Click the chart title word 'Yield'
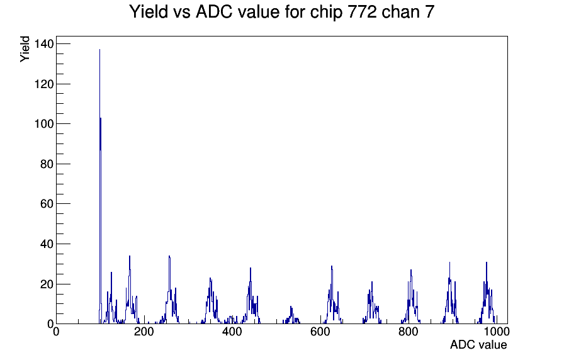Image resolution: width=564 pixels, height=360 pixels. click(x=149, y=12)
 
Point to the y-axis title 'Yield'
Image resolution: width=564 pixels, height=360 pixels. click(x=25, y=49)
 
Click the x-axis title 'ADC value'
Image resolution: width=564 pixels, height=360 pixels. click(x=478, y=344)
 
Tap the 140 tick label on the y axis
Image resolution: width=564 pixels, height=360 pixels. click(x=43, y=44)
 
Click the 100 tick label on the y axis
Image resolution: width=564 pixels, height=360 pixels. click(x=43, y=124)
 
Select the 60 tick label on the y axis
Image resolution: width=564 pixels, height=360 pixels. click(x=47, y=204)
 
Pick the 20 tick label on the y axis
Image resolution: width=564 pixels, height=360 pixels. click(x=47, y=284)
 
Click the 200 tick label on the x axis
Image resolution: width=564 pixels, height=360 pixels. click(x=144, y=332)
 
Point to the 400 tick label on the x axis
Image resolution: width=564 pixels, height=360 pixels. click(x=232, y=332)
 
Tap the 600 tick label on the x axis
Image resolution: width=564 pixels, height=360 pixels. click(x=320, y=332)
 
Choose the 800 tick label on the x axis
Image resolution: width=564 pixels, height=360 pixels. click(x=409, y=332)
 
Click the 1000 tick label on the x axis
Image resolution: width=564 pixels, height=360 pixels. click(x=497, y=332)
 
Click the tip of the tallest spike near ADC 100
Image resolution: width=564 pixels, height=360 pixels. click(x=99, y=49)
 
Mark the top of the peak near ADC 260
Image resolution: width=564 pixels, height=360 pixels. click(x=169, y=256)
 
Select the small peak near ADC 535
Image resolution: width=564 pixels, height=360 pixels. click(x=291, y=307)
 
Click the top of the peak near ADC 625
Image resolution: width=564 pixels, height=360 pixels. click(x=332, y=266)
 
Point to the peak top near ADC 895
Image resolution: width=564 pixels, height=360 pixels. click(x=449, y=262)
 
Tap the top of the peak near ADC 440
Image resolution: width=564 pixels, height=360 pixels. click(x=251, y=268)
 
